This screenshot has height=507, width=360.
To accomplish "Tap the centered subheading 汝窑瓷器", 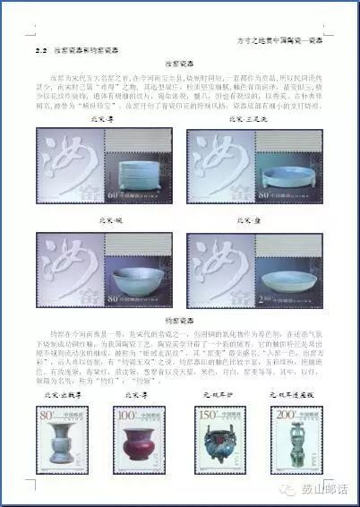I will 180,65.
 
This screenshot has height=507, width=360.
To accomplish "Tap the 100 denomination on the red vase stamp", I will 124,416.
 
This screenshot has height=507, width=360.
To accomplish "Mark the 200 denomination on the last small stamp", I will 283,416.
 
